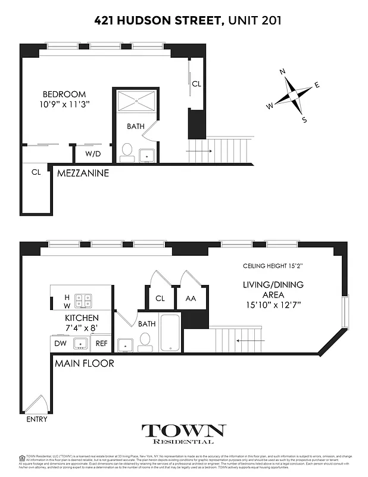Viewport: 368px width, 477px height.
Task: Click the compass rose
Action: point(292,95)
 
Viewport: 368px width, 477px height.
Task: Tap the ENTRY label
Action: point(36,419)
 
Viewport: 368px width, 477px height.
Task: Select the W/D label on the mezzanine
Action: point(92,154)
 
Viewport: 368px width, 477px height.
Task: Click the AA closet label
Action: point(191,298)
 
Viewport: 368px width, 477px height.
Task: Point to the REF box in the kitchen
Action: point(102,343)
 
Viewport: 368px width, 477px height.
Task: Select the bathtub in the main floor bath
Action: point(170,332)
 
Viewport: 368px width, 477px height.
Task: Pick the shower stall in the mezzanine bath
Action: point(136,101)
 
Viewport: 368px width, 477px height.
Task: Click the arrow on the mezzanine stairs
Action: point(198,151)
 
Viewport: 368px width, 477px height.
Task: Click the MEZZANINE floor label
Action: point(83,174)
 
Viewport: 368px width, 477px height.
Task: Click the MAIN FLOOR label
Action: point(84,363)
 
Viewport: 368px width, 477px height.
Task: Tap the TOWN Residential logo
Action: point(183,433)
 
